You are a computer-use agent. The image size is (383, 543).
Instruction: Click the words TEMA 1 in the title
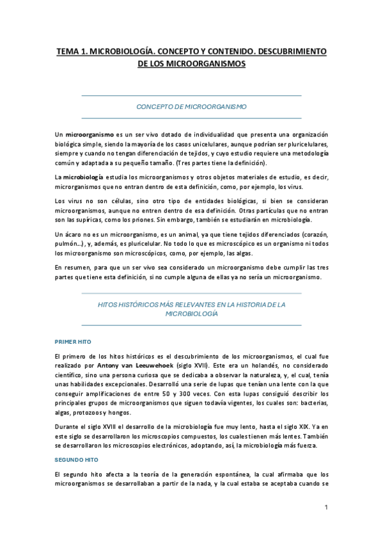(72, 51)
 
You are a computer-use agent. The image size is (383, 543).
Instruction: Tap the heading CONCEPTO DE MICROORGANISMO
(191, 106)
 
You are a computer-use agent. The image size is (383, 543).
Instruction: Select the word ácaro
(76, 234)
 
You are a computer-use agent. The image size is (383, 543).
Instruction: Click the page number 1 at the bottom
(325, 508)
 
